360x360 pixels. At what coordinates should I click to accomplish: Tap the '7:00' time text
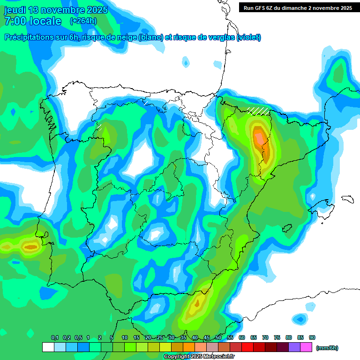15,21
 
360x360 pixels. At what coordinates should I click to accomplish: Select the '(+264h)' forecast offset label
83,21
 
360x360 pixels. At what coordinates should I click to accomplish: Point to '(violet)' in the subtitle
249,37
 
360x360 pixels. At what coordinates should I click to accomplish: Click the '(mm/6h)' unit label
327,348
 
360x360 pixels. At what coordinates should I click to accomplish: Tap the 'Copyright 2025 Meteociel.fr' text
199,357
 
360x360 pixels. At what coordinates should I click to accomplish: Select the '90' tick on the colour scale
312,337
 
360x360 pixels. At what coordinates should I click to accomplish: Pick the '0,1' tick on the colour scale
55,337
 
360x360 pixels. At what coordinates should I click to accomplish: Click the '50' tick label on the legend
218,337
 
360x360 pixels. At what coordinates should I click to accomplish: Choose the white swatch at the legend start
48,347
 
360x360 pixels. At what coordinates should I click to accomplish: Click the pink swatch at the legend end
306,347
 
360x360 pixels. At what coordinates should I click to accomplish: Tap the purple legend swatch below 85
294,347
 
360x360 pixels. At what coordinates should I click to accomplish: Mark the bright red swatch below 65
247,347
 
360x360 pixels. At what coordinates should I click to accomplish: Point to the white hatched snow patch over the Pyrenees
259,111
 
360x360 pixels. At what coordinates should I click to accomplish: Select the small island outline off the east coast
347,199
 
